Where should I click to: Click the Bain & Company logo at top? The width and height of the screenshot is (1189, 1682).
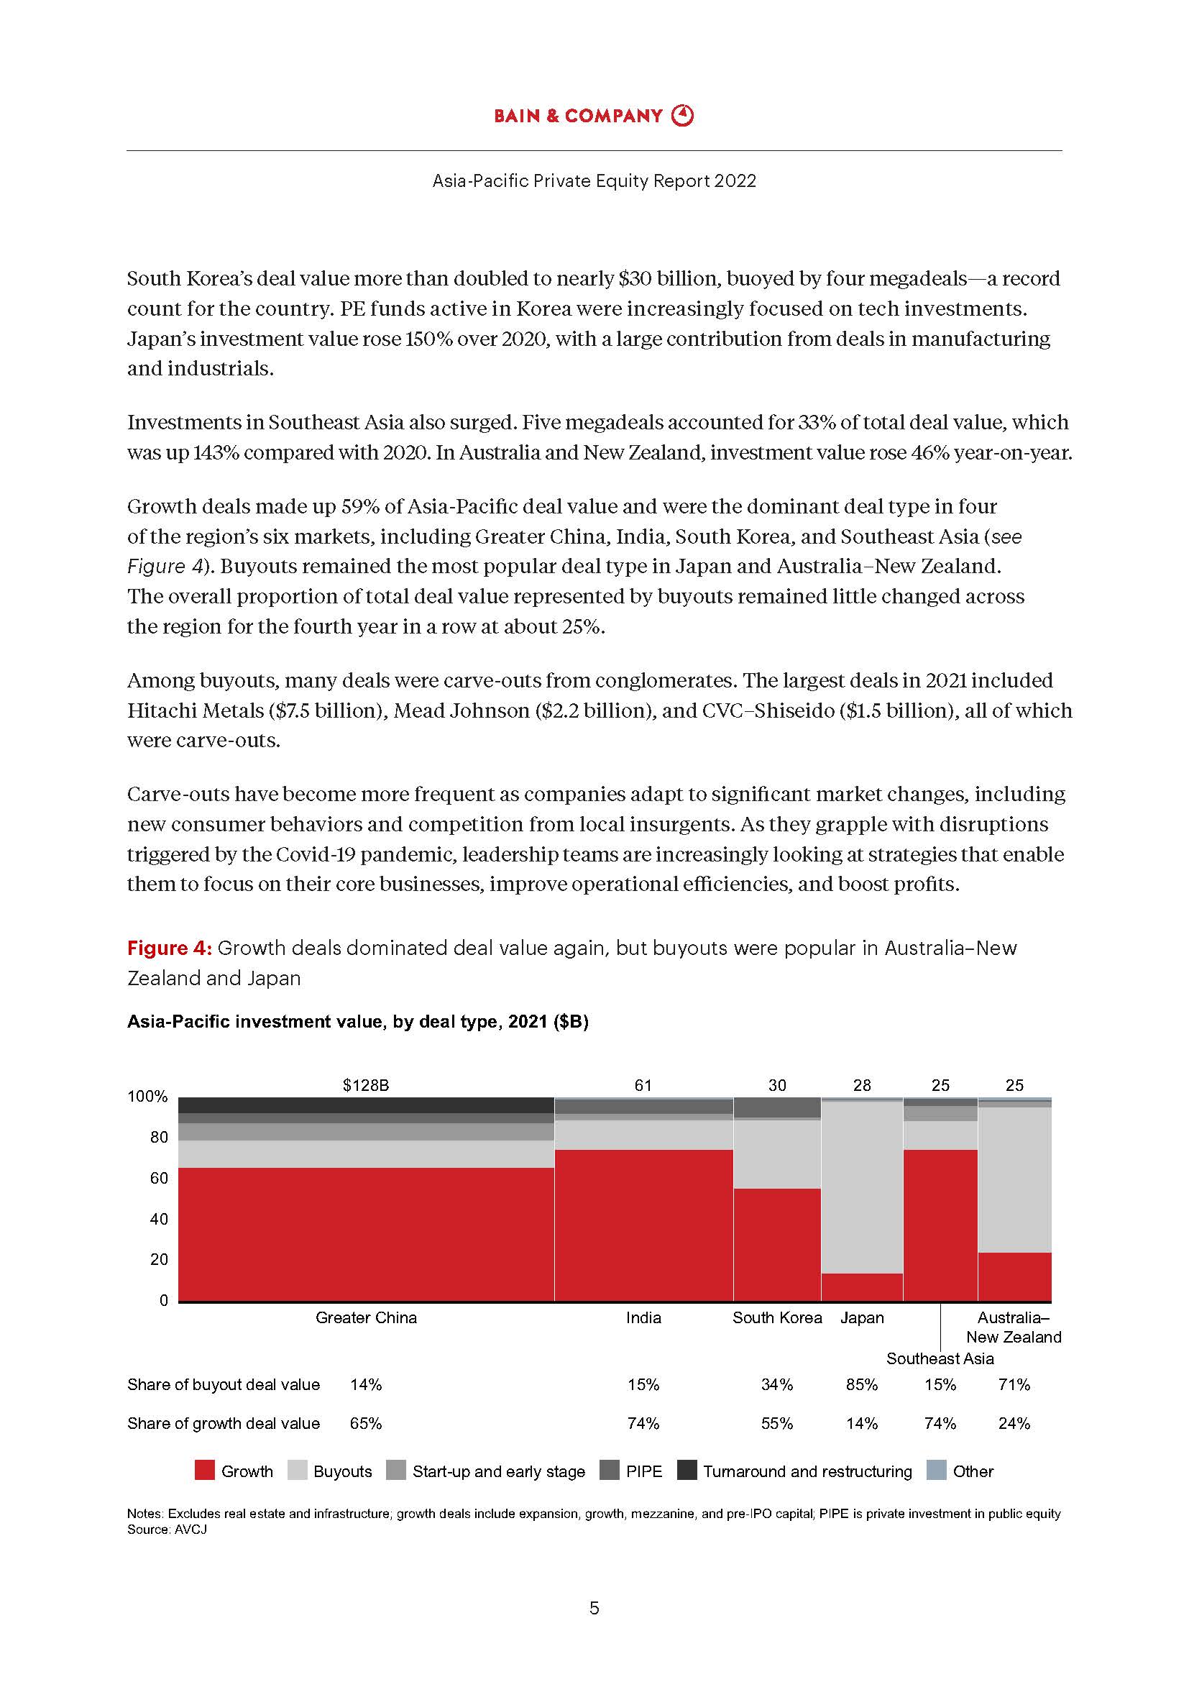click(x=594, y=116)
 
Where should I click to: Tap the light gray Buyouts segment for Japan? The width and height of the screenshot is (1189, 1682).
click(x=862, y=1187)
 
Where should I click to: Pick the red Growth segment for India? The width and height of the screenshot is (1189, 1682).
click(x=643, y=1225)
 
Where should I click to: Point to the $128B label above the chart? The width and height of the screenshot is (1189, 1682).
click(x=366, y=1085)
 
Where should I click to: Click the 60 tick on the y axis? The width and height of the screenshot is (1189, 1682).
click(x=159, y=1178)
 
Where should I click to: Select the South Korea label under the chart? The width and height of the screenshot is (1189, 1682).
click(x=777, y=1317)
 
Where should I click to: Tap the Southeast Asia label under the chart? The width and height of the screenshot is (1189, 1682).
click(x=940, y=1358)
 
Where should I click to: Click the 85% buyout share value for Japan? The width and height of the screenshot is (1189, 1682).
click(x=862, y=1384)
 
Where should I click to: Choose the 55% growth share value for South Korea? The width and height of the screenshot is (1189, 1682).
click(x=777, y=1423)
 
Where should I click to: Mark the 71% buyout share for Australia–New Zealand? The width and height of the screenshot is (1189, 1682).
click(x=1014, y=1384)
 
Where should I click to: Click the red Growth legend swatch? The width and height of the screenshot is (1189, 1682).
click(x=204, y=1471)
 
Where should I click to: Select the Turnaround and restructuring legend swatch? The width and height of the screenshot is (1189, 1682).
click(x=687, y=1471)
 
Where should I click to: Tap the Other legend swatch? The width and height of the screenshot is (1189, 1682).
click(x=937, y=1471)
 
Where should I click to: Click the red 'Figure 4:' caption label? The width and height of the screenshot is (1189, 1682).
click(x=170, y=948)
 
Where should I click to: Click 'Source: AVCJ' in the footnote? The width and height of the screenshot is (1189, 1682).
click(x=167, y=1530)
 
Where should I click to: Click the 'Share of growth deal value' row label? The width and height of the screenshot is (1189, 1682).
click(x=224, y=1423)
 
